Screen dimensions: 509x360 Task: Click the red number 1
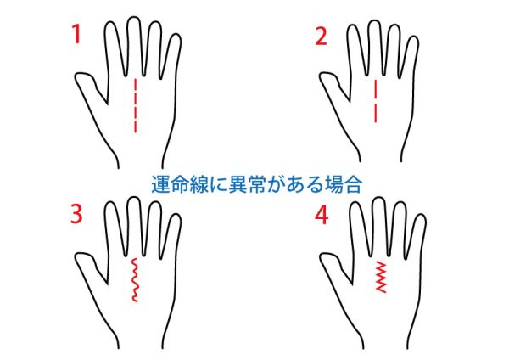[76, 34]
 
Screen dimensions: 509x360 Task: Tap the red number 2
[321, 36]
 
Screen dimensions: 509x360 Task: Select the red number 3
[76, 215]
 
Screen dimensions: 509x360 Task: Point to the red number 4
[322, 216]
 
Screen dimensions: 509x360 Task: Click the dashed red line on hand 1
[136, 105]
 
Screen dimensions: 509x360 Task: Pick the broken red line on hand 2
[376, 101]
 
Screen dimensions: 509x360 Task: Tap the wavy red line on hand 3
[134, 280]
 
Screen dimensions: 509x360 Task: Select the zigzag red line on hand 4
[381, 277]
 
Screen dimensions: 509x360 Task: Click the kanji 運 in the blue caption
[160, 184]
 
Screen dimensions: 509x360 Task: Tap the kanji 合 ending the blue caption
[353, 184]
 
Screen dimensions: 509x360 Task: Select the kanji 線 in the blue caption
[199, 184]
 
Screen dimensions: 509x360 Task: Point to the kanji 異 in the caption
[238, 184]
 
